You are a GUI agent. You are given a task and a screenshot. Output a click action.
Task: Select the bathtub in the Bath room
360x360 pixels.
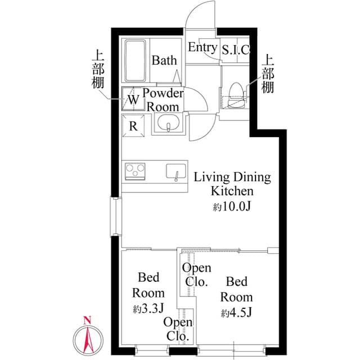tap(135, 61)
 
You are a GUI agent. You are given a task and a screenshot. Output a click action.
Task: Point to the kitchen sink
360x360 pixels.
tap(176, 172)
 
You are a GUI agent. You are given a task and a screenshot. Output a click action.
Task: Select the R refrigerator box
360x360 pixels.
tap(133, 125)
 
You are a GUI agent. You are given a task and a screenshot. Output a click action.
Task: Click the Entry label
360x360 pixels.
tap(202, 47)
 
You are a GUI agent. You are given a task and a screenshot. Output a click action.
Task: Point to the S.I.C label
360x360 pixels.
tap(235, 49)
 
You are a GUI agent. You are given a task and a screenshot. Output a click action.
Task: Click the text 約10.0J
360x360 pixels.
tap(231, 206)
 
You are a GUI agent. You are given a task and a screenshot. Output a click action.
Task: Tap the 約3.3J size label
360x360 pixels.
tap(148, 308)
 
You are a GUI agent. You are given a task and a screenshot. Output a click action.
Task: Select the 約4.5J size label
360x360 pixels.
tap(236, 313)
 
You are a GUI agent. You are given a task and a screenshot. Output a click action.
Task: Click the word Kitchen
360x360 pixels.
tap(232, 191)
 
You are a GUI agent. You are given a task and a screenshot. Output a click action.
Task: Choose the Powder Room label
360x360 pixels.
tap(163, 100)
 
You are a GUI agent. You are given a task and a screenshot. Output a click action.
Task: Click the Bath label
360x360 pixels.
tap(164, 60)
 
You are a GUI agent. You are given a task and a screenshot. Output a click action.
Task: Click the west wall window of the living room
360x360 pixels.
tap(116, 217)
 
